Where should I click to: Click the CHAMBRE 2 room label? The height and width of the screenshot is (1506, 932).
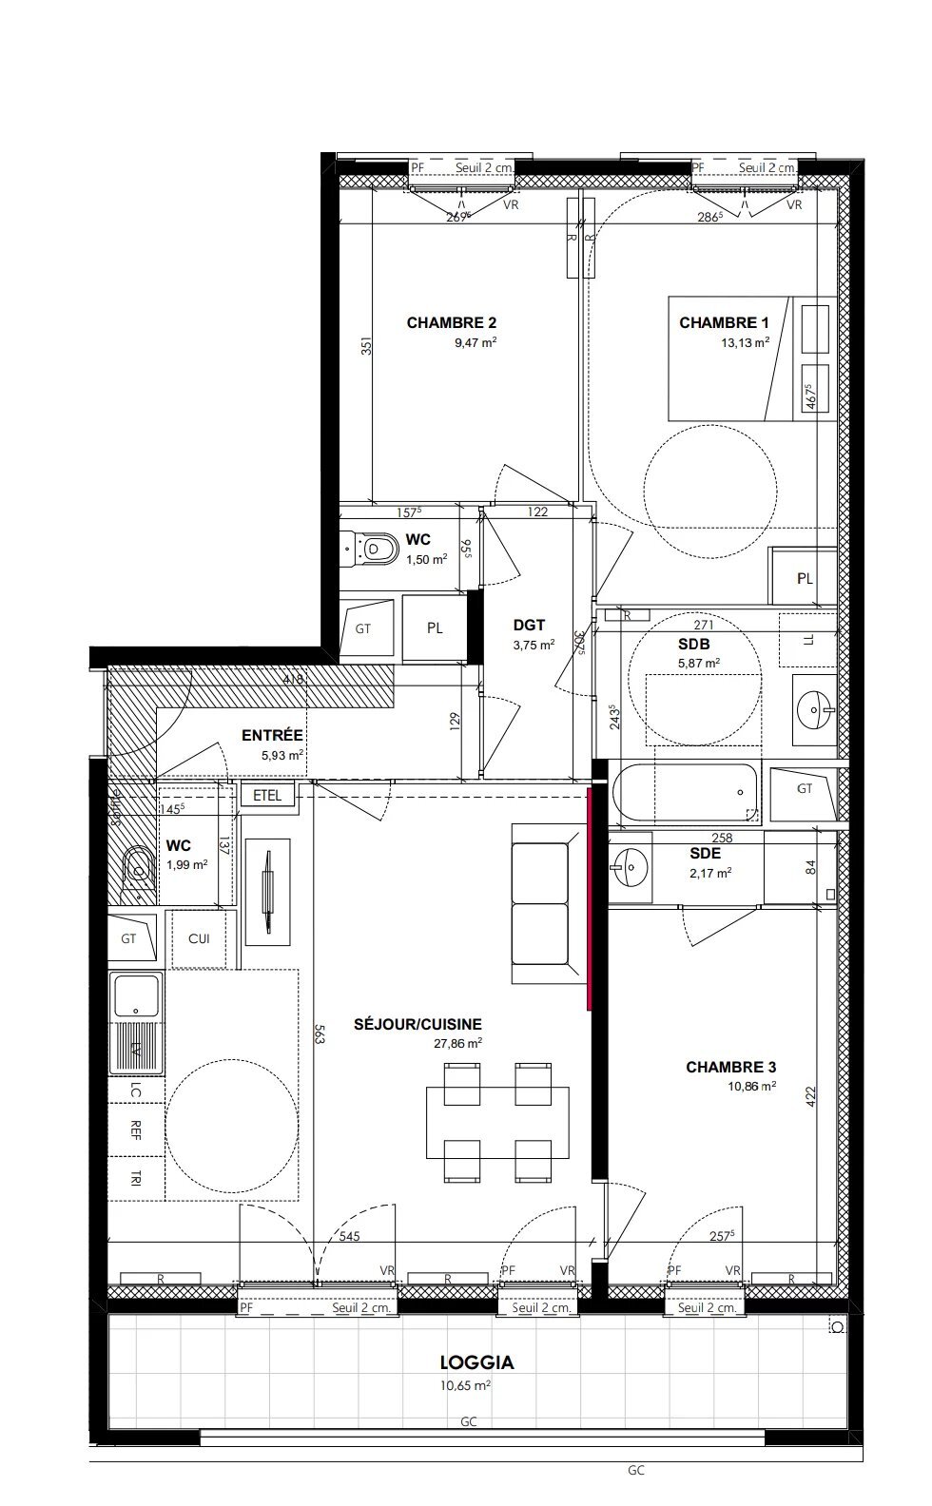point(451,323)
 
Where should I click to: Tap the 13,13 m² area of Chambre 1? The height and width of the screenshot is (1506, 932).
point(745,343)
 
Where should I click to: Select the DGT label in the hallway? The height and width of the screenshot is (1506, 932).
point(529,625)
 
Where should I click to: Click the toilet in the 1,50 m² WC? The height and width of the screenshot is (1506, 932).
point(375,548)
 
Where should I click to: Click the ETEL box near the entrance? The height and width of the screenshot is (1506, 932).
point(267,796)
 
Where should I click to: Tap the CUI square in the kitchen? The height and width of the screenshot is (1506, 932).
point(199,939)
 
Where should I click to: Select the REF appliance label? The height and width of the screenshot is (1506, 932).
point(136,1129)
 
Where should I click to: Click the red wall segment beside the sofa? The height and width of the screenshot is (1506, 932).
point(591,898)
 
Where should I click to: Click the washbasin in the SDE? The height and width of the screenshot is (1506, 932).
point(629,865)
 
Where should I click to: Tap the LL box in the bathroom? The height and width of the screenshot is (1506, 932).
point(807,642)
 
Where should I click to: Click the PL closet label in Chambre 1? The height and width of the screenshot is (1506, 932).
point(805,578)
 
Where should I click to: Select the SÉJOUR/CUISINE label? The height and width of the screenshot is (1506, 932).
point(417,1025)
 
